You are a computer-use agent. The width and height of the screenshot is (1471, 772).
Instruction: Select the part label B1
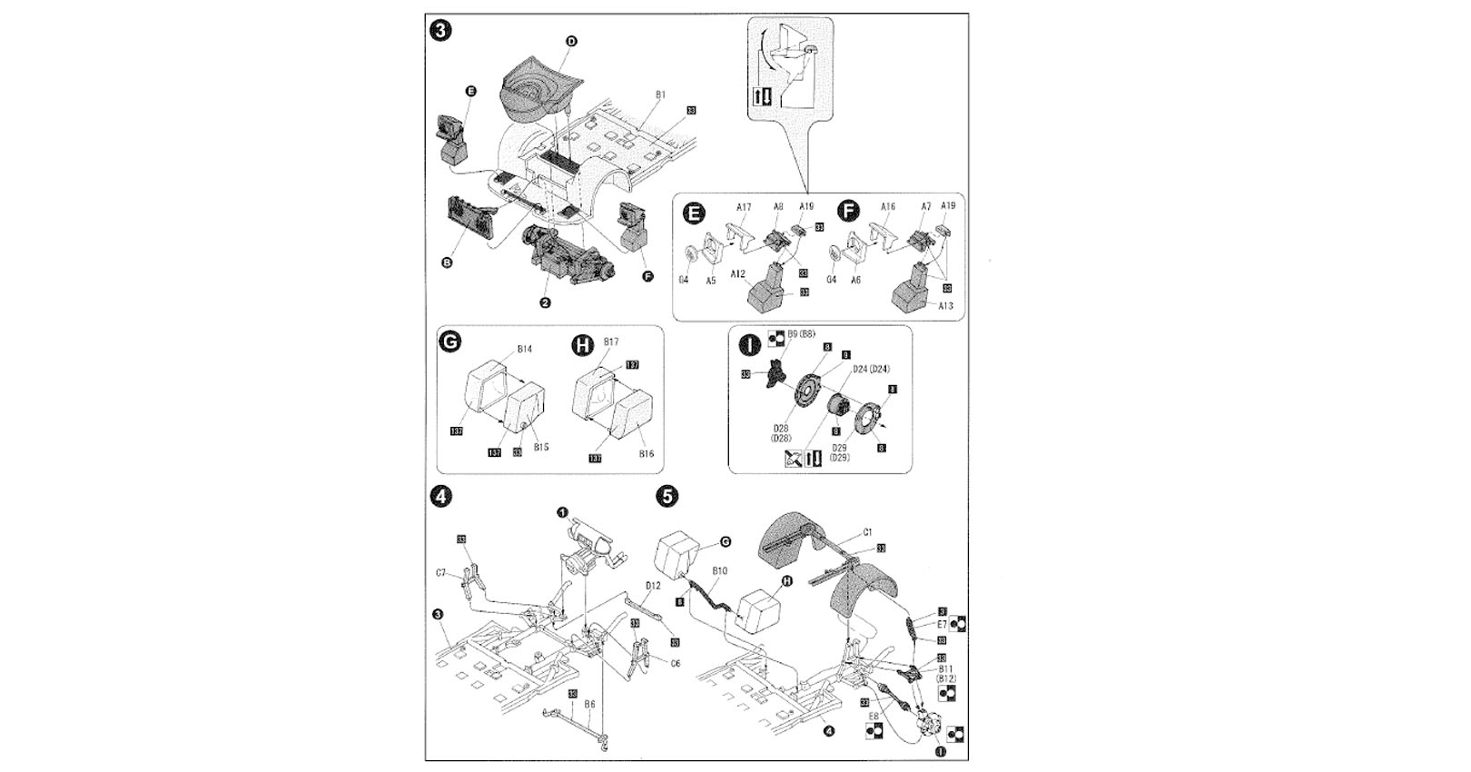coord(660,94)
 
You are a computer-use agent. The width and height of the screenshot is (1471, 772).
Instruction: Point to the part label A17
coord(744,207)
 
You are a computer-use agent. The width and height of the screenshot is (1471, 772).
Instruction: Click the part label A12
coord(737,273)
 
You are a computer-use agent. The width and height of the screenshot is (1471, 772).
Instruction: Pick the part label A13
coord(945,306)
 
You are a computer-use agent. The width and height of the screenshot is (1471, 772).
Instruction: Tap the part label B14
coord(524,349)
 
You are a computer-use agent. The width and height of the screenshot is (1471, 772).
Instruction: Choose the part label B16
coord(647,453)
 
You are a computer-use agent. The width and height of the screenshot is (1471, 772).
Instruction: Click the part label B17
coord(610,342)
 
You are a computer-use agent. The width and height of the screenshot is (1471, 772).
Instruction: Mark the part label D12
coord(653,586)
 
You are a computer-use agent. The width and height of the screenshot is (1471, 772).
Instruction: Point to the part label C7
coord(441,573)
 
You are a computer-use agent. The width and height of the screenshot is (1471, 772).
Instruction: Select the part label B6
coord(589,704)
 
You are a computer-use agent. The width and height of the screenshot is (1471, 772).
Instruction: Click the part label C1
coord(867,533)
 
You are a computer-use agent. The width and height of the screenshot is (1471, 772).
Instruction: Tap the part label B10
coord(719,571)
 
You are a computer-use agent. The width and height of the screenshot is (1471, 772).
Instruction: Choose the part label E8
coord(873,717)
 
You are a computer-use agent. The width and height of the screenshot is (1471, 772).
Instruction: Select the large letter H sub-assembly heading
coord(582,345)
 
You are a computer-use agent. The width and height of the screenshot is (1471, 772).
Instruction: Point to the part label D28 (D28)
coord(780,433)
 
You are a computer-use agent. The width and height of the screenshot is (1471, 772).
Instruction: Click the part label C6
coord(675,664)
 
